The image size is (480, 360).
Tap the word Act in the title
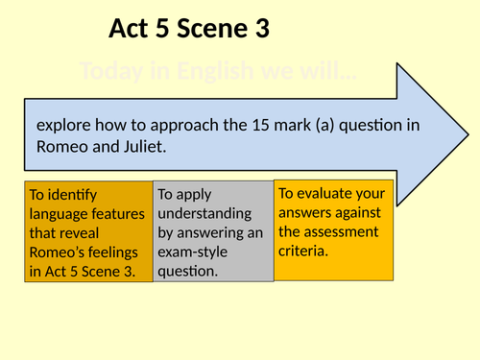coord(132,31)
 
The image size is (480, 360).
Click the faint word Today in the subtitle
coord(108,71)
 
